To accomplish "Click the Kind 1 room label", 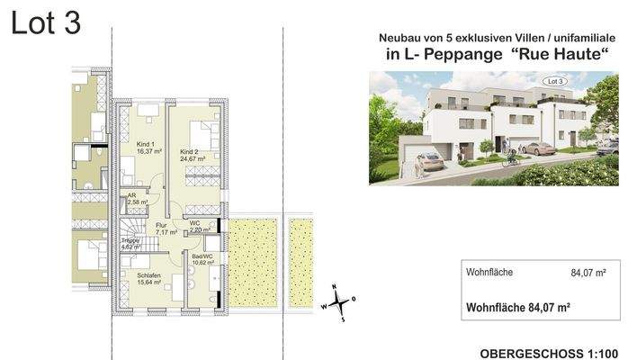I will coord(146,148).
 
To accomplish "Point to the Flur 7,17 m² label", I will coord(165,228).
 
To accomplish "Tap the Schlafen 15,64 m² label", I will coord(150,278).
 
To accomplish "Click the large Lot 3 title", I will coord(46,25).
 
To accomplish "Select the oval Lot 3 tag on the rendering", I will coord(557,82).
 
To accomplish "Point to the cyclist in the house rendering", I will coord(512,157).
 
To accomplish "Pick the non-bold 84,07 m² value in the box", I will coord(588,272).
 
